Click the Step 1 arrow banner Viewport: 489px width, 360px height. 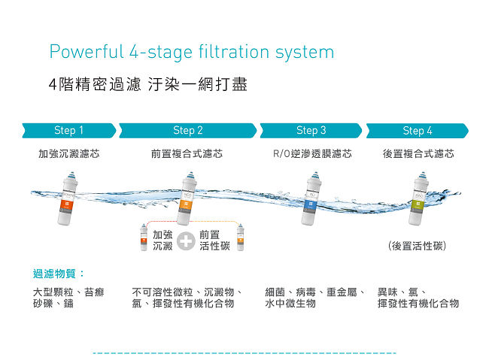69,131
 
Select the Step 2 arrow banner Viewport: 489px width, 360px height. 188,131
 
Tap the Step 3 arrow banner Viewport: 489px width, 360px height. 311,131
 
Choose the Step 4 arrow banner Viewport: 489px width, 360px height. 418,131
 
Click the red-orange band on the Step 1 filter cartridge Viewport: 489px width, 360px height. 67,204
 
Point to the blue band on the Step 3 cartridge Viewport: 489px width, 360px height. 311,204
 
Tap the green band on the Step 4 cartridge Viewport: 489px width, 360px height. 418,204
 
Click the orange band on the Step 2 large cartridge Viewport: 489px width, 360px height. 187,204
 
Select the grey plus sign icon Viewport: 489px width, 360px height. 186,241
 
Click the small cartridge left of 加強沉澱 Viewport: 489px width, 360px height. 144,237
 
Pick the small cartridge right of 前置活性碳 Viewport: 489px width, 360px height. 241,237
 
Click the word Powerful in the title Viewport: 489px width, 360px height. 87,52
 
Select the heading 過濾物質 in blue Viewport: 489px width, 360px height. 55,274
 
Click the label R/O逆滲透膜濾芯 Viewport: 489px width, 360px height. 312,153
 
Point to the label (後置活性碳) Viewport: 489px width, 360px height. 418,246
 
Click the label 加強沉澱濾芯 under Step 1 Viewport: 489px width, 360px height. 69,153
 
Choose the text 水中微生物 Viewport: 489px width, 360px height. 290,304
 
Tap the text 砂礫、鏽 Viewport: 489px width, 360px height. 53,304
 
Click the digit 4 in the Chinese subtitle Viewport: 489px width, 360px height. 53,85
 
